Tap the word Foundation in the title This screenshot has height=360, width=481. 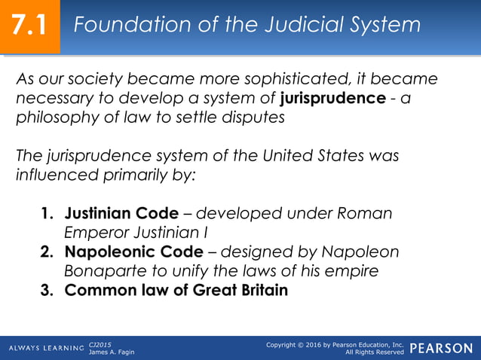(x=130, y=25)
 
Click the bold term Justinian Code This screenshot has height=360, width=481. (x=121, y=213)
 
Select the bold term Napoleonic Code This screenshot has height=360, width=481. (x=133, y=252)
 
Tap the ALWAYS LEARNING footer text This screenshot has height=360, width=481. (x=46, y=348)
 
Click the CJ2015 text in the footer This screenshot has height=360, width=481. (x=100, y=344)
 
